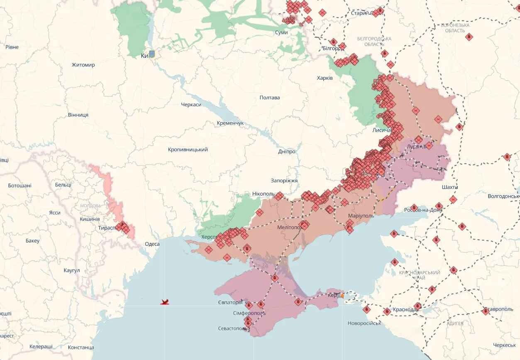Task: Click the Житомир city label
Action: (83, 65)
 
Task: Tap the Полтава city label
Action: (269, 98)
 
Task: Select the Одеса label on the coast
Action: (152, 244)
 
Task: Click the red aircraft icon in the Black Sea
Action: (165, 302)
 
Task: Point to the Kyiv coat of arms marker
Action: (152, 54)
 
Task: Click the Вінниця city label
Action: (78, 115)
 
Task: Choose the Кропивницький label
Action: (188, 149)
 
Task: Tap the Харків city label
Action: (325, 78)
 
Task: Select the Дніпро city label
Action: (286, 152)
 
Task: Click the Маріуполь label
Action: (361, 216)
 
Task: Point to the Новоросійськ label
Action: (364, 323)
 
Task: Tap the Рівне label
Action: (12, 47)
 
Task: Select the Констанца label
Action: (81, 347)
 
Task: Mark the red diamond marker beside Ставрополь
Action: (486, 311)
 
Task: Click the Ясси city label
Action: (54, 213)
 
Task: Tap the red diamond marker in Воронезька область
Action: (469, 37)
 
